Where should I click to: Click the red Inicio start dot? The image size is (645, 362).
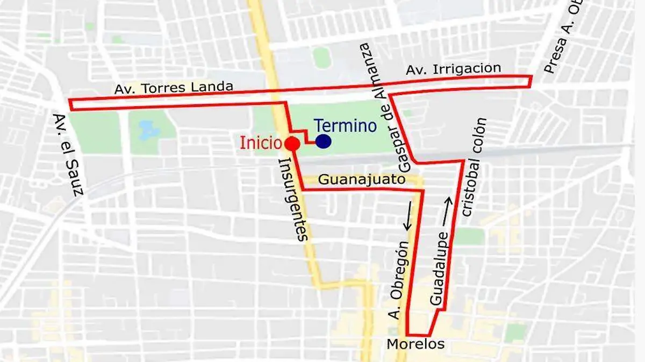(x=292, y=143)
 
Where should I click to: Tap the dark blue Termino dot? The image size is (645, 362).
(x=323, y=141)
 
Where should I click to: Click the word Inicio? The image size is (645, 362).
(x=261, y=143)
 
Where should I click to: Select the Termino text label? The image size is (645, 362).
(x=345, y=126)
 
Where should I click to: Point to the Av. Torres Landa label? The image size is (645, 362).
(x=174, y=88)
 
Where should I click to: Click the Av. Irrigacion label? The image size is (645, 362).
(x=453, y=69)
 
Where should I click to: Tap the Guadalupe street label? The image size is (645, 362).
(x=440, y=269)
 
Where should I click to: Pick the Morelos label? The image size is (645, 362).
(x=415, y=344)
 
